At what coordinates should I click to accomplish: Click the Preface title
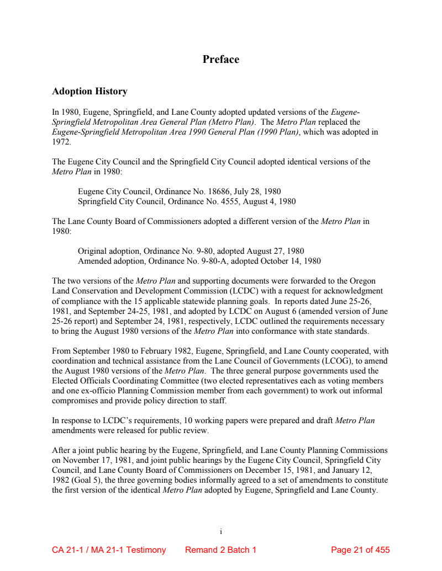pyautogui.click(x=220, y=60)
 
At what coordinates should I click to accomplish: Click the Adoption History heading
pyautogui.click(x=90, y=92)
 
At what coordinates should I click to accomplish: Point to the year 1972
pyautogui.click(x=61, y=142)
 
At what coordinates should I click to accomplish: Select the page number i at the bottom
pyautogui.click(x=220, y=532)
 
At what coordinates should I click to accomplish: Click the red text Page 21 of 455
pyautogui.click(x=360, y=550)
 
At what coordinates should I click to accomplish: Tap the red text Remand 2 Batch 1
pyautogui.click(x=220, y=550)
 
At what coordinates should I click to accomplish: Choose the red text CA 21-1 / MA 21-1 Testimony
pyautogui.click(x=109, y=550)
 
